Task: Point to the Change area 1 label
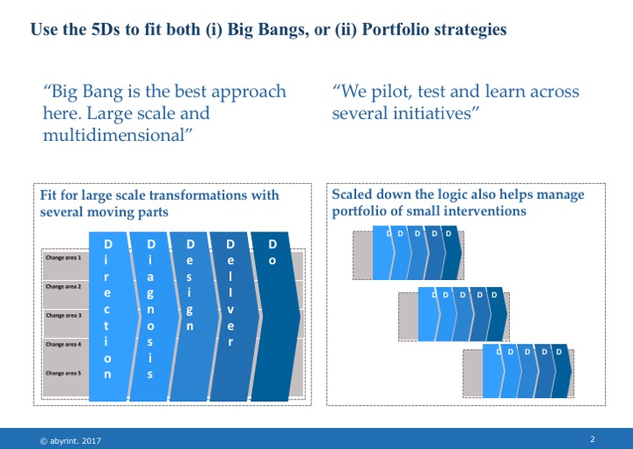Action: coord(63,257)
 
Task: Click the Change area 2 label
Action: coord(63,286)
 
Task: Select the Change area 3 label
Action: coord(63,315)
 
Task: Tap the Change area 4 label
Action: coord(63,344)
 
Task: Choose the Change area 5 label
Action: coord(63,373)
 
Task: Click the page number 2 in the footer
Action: coord(593,439)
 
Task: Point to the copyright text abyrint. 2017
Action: coord(70,441)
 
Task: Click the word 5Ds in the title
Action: coord(105,30)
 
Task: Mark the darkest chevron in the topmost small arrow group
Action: coord(452,253)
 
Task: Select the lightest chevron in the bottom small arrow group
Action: coord(492,371)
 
